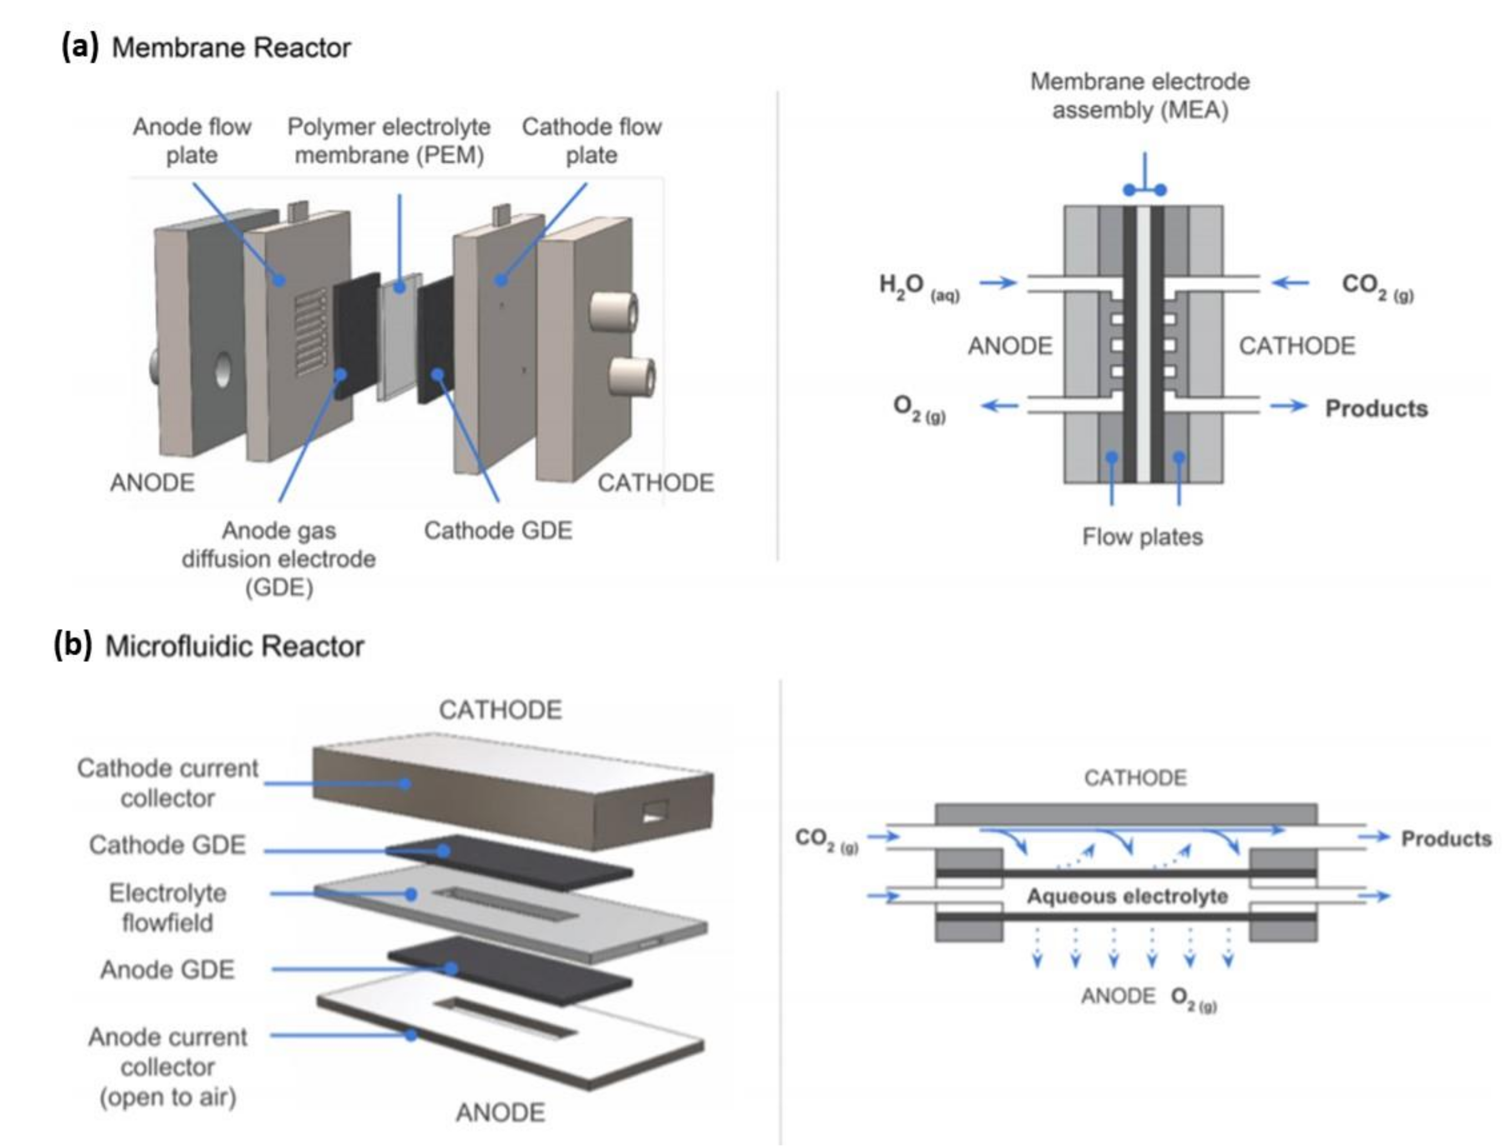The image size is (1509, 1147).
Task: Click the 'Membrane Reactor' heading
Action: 231,48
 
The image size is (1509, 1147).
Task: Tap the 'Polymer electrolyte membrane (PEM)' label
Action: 389,141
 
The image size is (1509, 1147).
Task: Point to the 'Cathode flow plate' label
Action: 591,141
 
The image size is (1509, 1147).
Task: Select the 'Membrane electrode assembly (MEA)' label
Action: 1140,96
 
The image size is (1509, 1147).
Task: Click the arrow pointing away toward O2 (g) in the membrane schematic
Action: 999,406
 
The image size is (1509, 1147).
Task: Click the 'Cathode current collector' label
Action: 168,782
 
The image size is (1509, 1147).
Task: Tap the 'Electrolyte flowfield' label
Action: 168,908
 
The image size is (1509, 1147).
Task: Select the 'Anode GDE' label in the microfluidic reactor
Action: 168,969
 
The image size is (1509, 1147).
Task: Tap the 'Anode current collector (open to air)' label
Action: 168,1066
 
